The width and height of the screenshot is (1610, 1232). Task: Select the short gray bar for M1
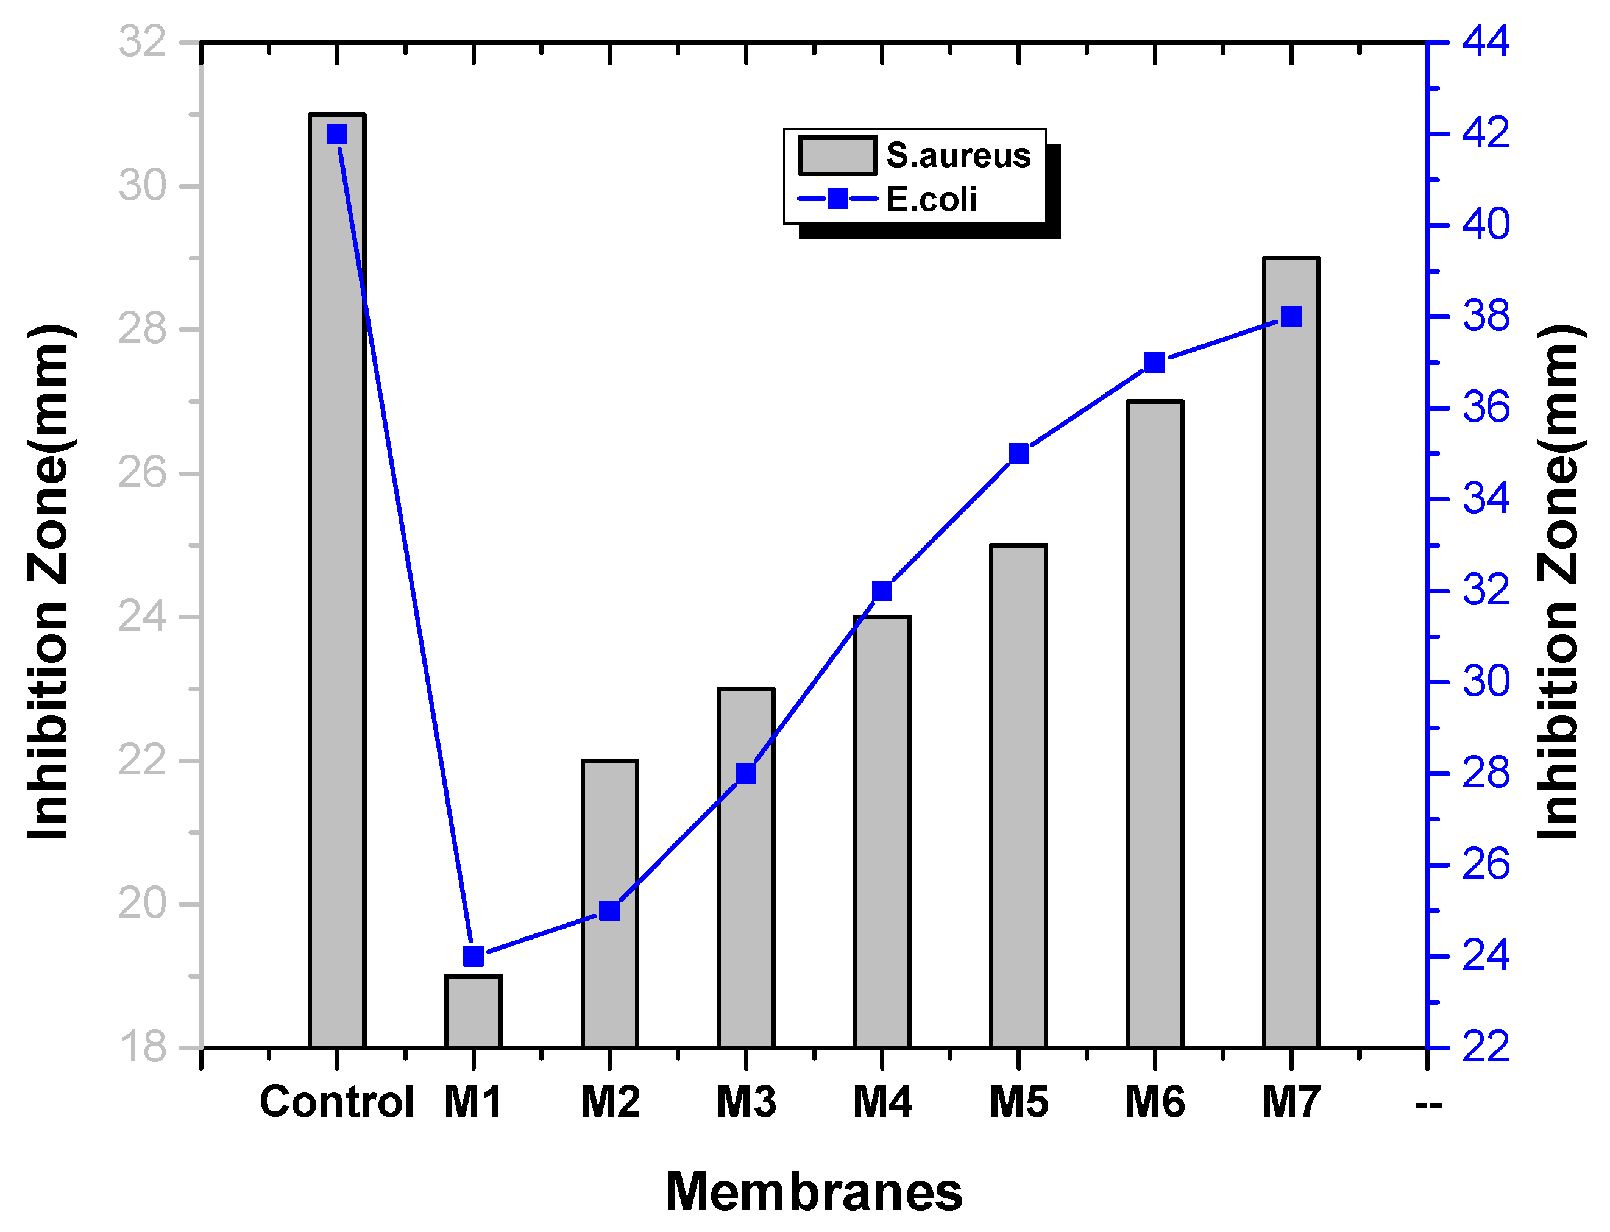pyautogui.click(x=473, y=1011)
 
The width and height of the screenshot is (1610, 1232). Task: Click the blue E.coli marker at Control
pyautogui.click(x=336, y=134)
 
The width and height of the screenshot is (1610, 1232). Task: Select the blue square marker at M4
pyautogui.click(x=882, y=591)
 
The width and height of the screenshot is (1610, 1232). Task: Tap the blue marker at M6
pyautogui.click(x=1155, y=363)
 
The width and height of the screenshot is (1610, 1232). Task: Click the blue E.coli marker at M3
pyautogui.click(x=746, y=774)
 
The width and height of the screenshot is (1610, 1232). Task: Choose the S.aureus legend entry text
pyautogui.click(x=958, y=155)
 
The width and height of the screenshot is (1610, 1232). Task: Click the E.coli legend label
pyautogui.click(x=932, y=199)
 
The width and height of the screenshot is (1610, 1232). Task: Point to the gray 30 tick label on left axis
pyautogui.click(x=143, y=186)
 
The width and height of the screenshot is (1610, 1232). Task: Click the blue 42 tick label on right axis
pyautogui.click(x=1485, y=134)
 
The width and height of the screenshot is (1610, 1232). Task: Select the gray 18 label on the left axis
pyautogui.click(x=143, y=1047)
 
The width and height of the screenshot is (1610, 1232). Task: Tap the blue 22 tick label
pyautogui.click(x=1485, y=1047)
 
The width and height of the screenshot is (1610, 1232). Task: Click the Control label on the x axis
pyautogui.click(x=336, y=1102)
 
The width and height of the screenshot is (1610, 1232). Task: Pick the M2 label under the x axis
pyautogui.click(x=609, y=1102)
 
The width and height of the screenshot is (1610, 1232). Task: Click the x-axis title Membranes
pyautogui.click(x=814, y=1192)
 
